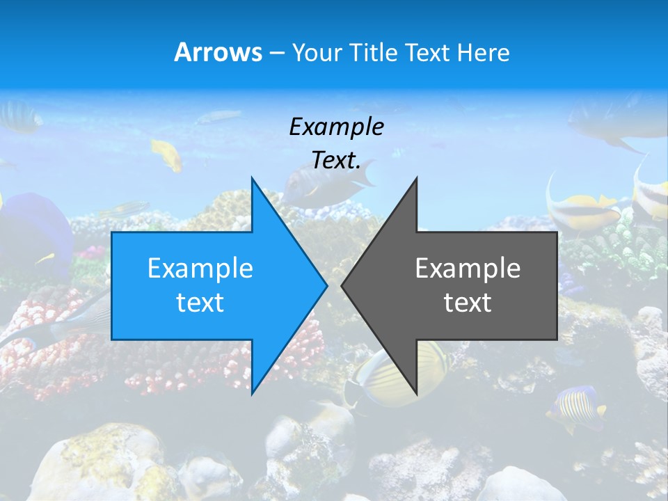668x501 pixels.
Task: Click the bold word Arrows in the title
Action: (218, 52)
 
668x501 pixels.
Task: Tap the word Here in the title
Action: (483, 52)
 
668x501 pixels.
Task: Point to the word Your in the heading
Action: (317, 52)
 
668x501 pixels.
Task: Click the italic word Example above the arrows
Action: (336, 127)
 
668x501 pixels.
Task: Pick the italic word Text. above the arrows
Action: (336, 160)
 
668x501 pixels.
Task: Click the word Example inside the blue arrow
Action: (200, 268)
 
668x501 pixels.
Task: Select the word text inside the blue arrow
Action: (200, 302)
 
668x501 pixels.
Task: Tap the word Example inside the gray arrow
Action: (468, 268)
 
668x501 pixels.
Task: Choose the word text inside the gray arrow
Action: (468, 302)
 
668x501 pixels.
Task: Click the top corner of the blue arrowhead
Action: (253, 180)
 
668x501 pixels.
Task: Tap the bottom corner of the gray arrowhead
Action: (415, 392)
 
